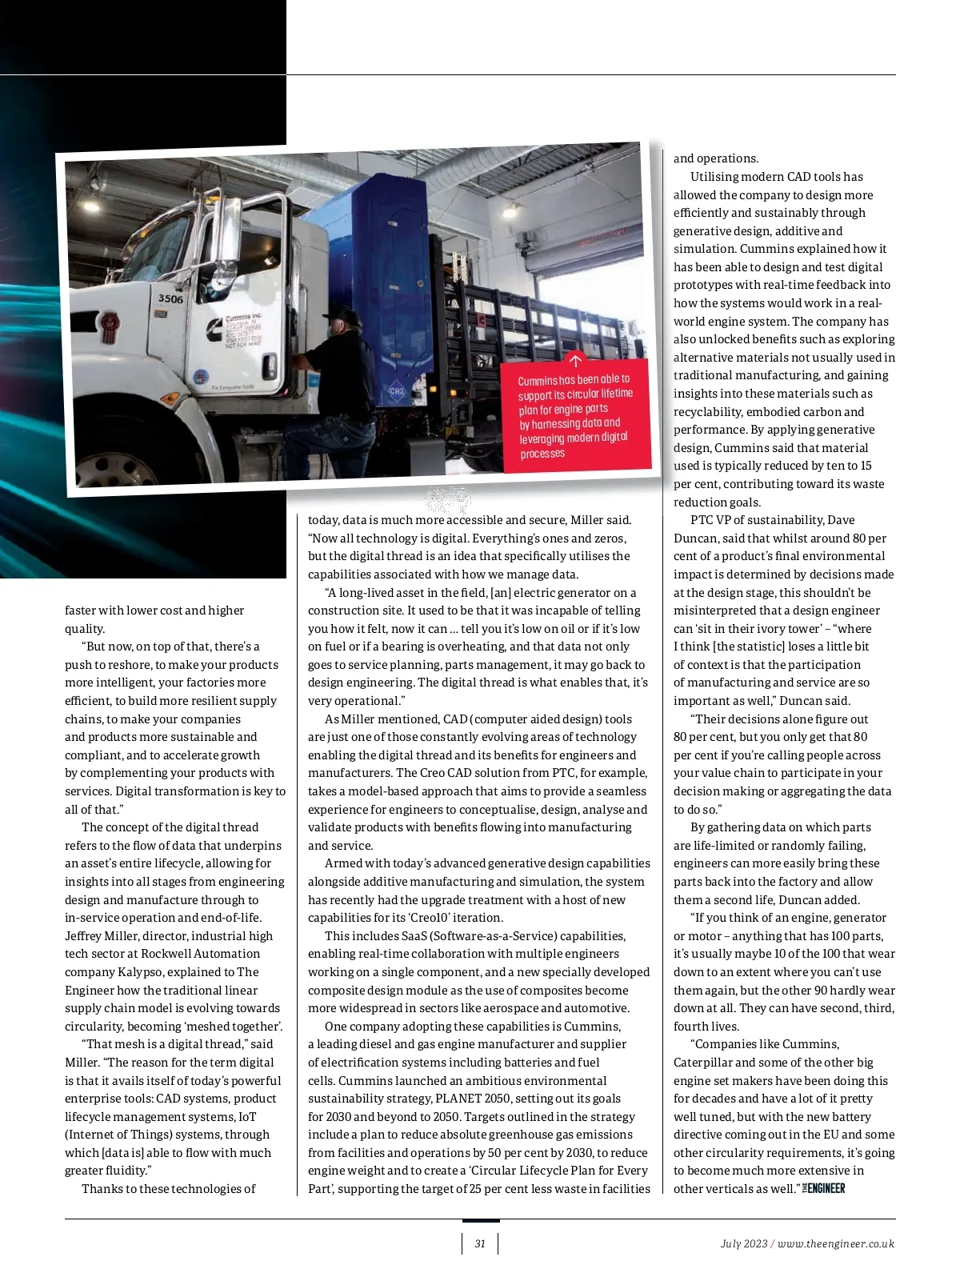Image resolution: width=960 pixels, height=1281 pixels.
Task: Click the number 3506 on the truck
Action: (170, 298)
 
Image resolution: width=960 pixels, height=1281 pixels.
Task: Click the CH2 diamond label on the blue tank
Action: (397, 390)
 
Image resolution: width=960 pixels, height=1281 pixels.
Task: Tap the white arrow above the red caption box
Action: (574, 360)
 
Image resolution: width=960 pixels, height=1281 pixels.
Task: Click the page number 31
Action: (480, 1243)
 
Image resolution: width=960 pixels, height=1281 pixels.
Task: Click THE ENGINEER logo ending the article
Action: (824, 1188)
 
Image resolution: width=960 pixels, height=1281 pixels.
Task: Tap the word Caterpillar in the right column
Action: (703, 1062)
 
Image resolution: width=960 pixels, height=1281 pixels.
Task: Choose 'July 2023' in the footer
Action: (743, 1243)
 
